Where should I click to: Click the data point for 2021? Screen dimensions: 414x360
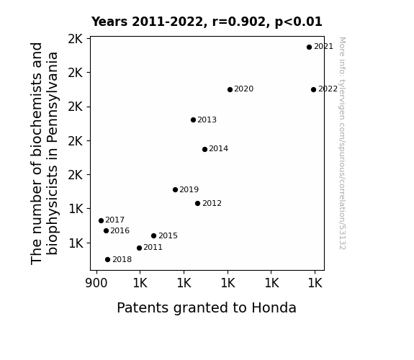click(x=309, y=47)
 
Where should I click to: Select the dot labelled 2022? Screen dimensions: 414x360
click(x=313, y=89)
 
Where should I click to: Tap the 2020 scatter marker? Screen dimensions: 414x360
click(x=230, y=89)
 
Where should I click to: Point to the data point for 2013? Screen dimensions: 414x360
click(x=193, y=120)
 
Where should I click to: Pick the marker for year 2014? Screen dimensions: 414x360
click(x=204, y=149)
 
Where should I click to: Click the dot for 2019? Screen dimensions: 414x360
click(x=175, y=189)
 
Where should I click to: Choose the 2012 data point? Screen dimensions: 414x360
click(x=197, y=203)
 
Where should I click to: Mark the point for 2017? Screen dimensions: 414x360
click(x=101, y=220)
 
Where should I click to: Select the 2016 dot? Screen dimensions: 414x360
click(x=106, y=231)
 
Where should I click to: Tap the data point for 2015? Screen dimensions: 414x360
click(x=153, y=235)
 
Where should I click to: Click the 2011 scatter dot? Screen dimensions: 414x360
click(x=139, y=248)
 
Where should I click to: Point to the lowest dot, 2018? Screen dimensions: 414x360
click(x=107, y=260)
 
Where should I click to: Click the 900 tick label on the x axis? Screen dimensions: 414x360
click(x=96, y=283)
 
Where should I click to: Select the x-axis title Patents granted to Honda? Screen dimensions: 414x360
click(x=207, y=308)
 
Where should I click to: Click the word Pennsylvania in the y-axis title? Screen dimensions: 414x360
click(x=52, y=97)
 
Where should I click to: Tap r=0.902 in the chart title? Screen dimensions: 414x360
click(x=239, y=22)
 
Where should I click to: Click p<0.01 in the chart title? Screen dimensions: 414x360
click(x=299, y=22)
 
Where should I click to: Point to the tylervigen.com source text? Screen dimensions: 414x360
click(x=342, y=143)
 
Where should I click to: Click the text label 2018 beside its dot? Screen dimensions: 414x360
click(x=122, y=260)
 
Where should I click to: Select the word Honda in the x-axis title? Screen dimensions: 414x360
click(x=274, y=308)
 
